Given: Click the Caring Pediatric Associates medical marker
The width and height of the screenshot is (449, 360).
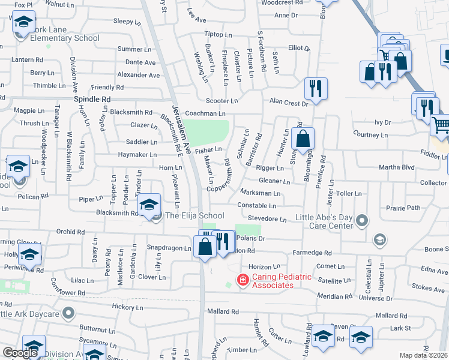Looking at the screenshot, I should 243,279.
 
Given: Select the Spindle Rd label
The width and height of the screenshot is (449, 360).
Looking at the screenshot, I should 92,98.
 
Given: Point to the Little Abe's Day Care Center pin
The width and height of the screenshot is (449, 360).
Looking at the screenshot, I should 361,221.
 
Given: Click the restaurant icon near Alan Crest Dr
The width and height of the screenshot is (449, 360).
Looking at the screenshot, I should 314,89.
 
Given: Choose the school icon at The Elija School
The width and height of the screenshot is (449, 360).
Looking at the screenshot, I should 149,205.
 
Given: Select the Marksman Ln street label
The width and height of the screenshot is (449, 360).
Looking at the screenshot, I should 260,193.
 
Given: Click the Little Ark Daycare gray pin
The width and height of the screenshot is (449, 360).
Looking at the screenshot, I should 68,313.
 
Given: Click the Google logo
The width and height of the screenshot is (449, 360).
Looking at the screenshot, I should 20,353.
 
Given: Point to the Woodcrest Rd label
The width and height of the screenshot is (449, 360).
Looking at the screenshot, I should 282,2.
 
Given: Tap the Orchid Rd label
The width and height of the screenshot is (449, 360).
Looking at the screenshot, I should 71,232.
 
